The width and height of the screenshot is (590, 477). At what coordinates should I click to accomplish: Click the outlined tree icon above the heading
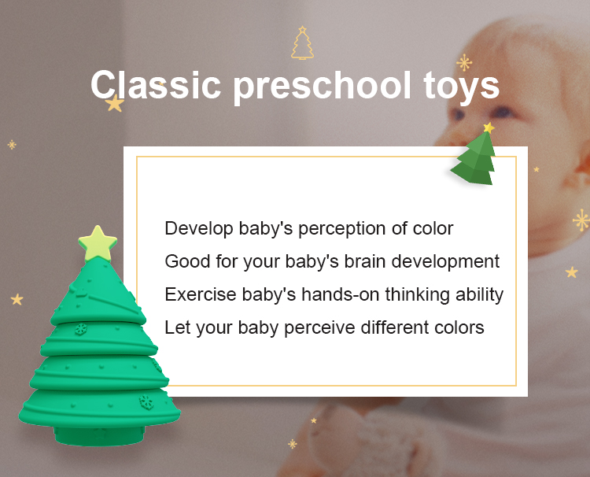[302, 43]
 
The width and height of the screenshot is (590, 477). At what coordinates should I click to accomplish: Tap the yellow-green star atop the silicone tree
[98, 243]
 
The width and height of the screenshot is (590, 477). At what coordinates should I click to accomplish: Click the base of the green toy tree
[99, 436]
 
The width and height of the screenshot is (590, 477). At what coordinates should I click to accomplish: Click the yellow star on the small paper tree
[489, 128]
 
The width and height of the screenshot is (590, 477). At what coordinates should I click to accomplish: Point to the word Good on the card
[187, 261]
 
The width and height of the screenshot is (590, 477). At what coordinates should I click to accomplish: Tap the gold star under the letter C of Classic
[114, 103]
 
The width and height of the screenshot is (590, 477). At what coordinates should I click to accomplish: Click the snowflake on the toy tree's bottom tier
[146, 402]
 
